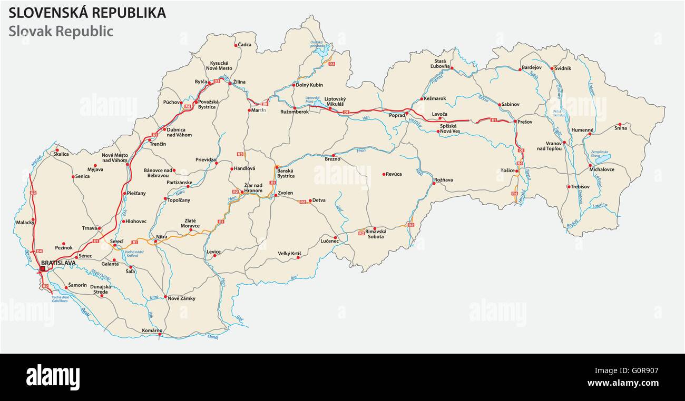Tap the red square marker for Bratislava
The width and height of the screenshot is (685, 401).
click(x=43, y=268)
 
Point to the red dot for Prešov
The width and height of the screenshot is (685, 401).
click(x=515, y=122)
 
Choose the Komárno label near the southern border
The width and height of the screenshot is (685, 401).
click(x=152, y=330)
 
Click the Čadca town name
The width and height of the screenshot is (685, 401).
click(x=244, y=45)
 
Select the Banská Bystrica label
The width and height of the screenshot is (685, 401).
click(x=286, y=173)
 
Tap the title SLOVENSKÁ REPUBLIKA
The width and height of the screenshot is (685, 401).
click(x=87, y=13)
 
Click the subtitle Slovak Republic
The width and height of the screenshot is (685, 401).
click(x=61, y=31)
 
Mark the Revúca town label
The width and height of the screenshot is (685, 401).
click(x=394, y=174)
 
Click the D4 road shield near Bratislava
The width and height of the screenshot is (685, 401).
click(x=39, y=251)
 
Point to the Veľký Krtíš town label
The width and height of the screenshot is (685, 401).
click(x=289, y=254)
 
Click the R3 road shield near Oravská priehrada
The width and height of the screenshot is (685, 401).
click(x=331, y=64)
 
